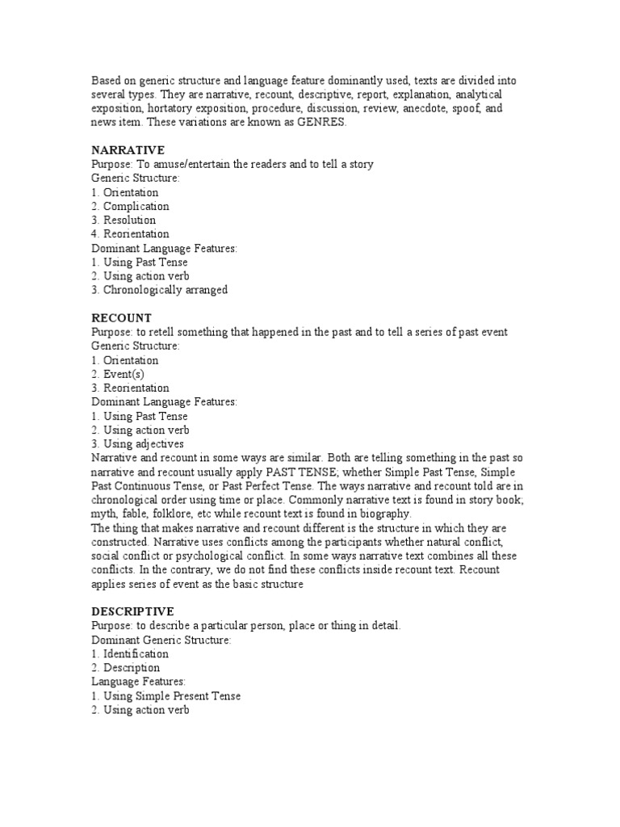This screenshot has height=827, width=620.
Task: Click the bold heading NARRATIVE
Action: [128, 150]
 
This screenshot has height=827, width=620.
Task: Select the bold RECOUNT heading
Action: [121, 318]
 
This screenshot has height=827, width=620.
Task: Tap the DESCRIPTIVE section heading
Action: [132, 611]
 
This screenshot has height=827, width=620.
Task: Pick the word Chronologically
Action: [145, 290]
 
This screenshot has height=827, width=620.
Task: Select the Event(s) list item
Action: [124, 375]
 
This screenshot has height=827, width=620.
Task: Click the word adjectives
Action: [161, 444]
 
